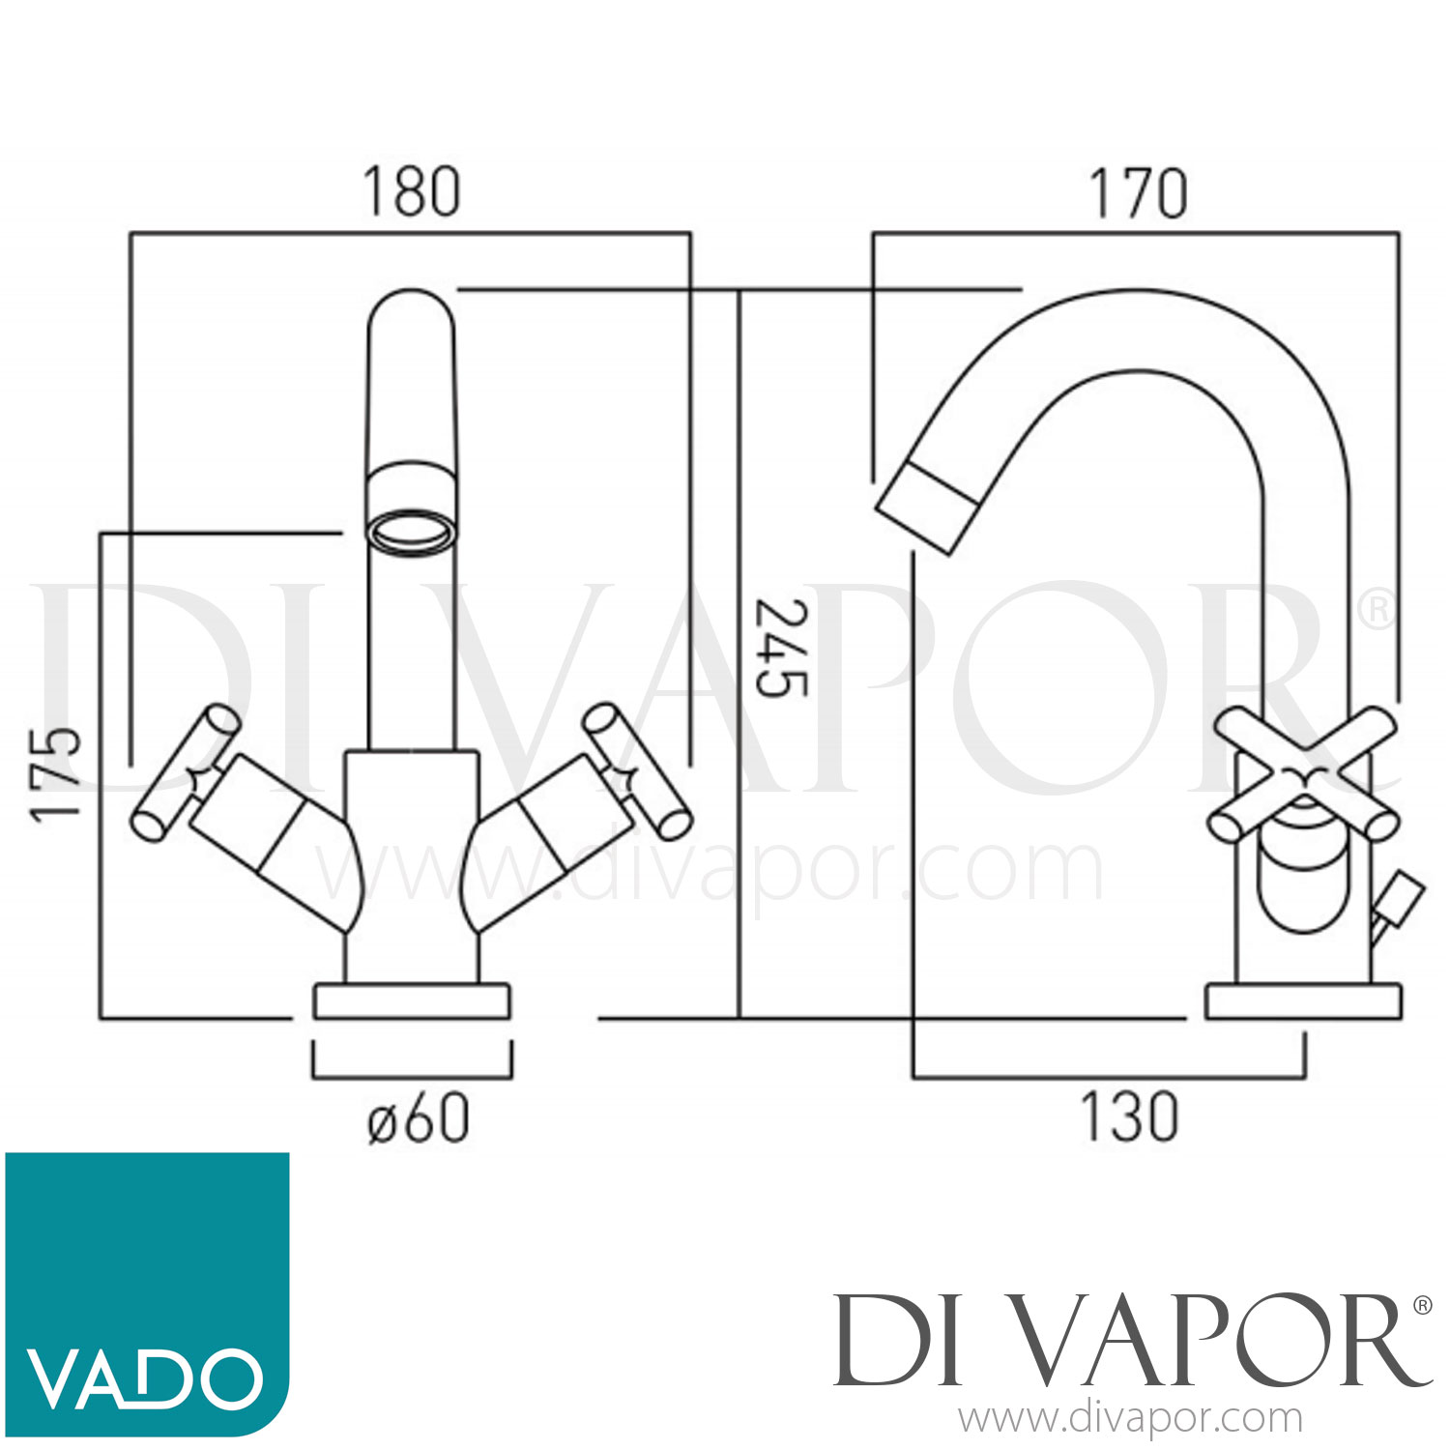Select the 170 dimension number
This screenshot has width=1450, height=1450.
[1139, 194]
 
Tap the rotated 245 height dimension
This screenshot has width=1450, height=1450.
[780, 649]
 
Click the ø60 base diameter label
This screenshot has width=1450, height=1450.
[419, 1118]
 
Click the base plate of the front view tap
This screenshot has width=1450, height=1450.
[412, 1001]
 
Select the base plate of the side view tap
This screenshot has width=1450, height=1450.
[1303, 1001]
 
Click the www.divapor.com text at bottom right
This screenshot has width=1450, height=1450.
[1130, 1419]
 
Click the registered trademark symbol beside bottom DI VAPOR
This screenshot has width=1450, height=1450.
[1422, 1306]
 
